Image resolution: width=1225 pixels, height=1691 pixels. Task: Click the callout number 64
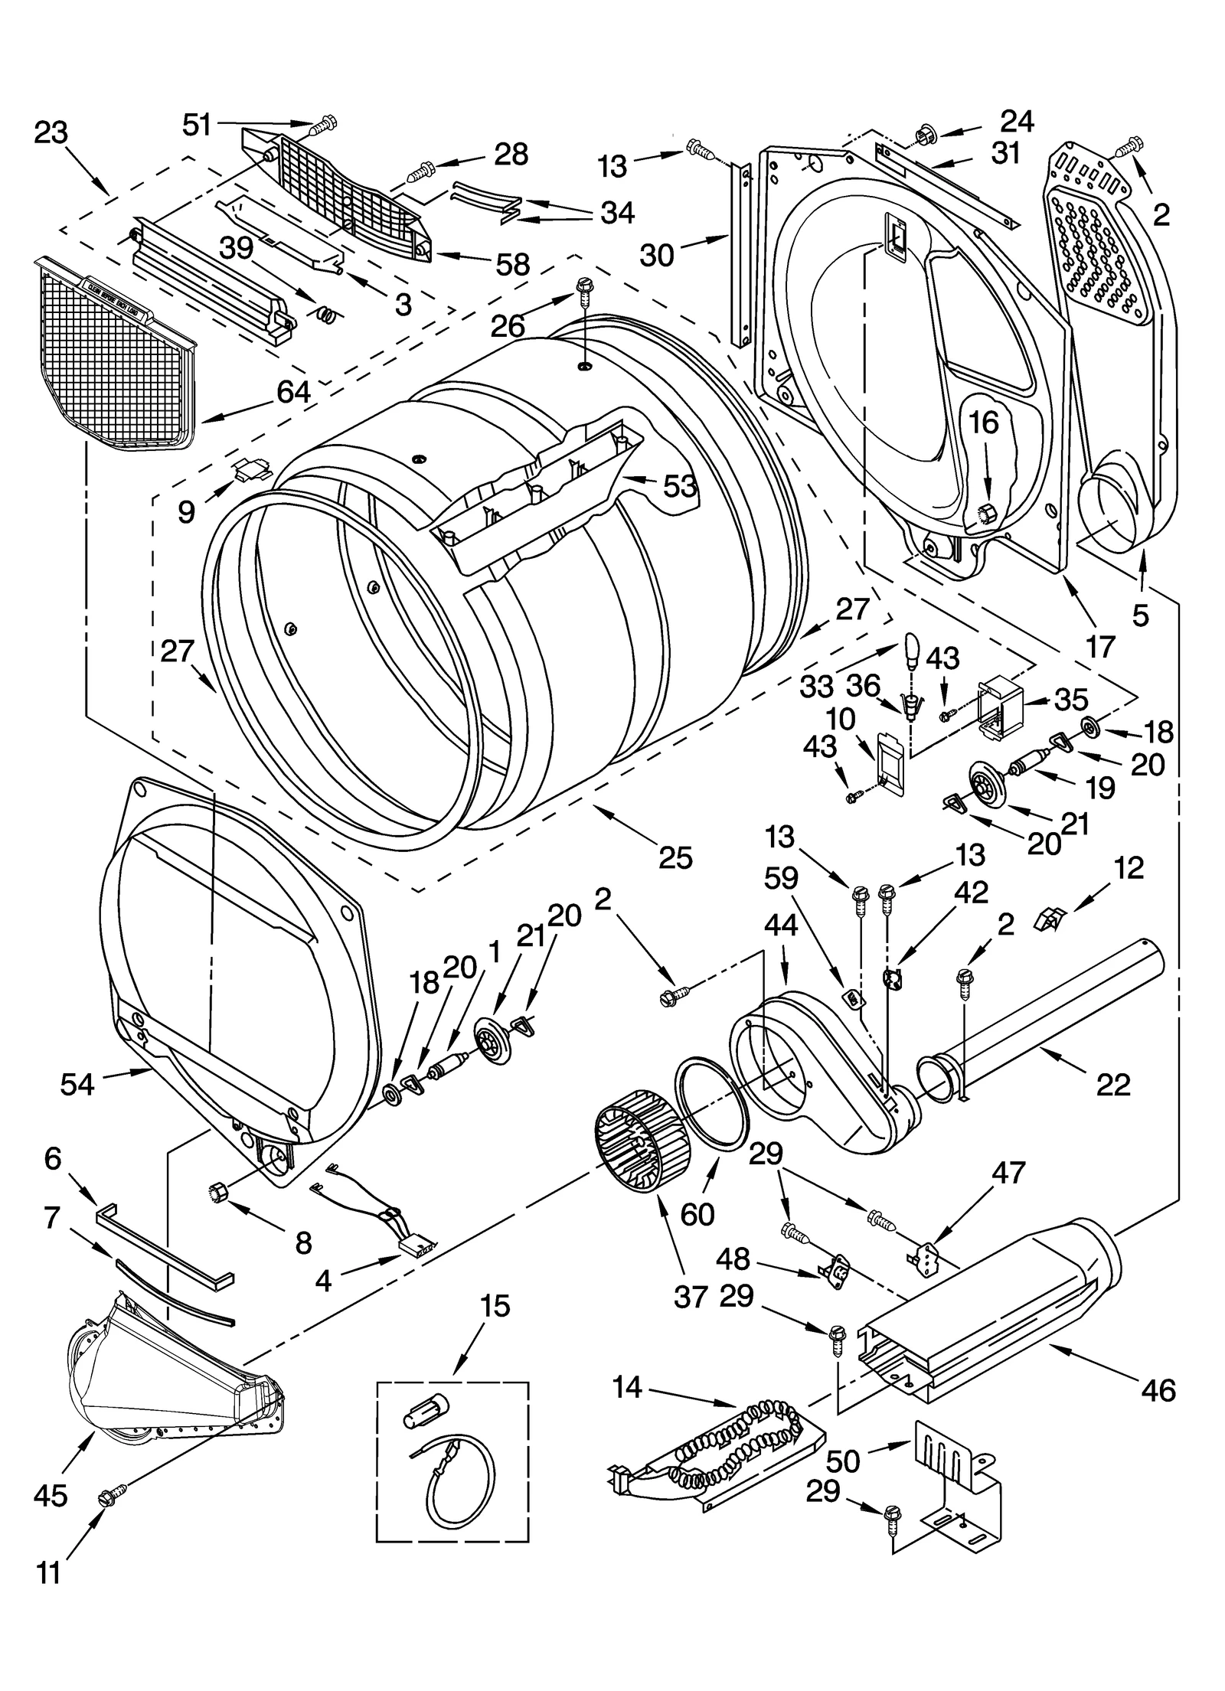pos(293,393)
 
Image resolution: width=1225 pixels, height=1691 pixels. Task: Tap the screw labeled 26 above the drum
pos(583,289)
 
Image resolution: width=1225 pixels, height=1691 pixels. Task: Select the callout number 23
pos(51,133)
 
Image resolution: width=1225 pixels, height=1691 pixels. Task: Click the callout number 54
pos(77,1083)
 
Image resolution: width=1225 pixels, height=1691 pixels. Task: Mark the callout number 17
pos(1100,647)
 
